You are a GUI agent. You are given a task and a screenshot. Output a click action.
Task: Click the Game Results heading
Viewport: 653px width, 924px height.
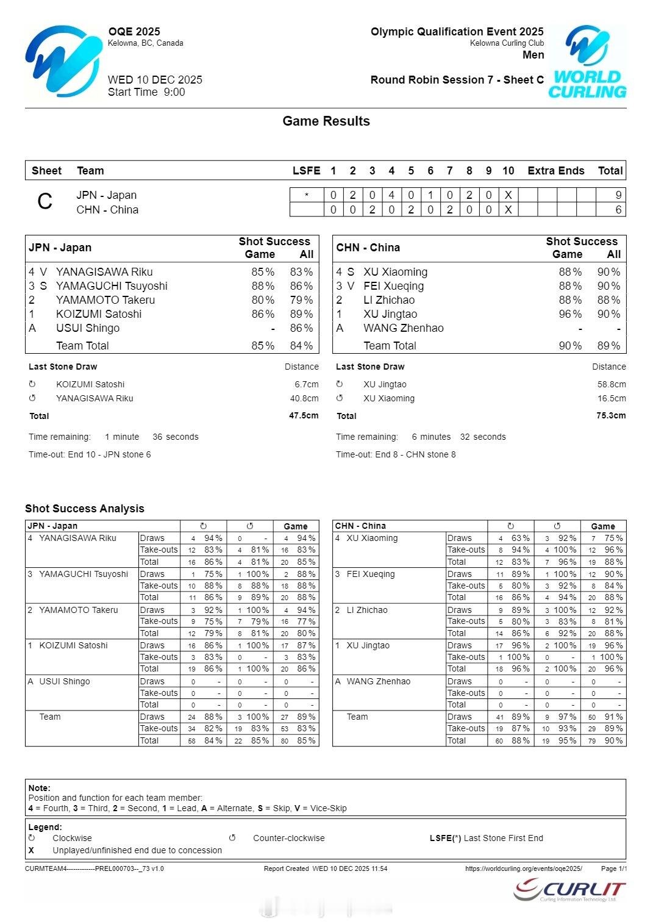326,121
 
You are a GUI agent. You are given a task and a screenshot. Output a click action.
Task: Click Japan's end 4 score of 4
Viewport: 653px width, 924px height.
391,195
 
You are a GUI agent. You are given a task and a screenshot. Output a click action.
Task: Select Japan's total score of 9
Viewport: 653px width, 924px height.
618,195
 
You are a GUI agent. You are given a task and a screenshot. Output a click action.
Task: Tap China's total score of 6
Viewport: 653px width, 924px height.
618,210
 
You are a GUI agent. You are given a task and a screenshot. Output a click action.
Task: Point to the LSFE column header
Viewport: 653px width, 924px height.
306,171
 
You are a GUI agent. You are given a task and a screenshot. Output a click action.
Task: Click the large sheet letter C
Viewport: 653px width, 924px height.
45,202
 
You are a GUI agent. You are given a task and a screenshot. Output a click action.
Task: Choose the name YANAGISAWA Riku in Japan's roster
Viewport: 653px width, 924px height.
104,272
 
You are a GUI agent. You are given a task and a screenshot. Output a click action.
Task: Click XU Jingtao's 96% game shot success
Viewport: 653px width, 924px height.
569,314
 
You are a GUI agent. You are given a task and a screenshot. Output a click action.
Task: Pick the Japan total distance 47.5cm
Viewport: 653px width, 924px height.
304,416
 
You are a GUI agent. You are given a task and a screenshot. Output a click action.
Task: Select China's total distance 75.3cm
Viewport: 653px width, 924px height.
611,416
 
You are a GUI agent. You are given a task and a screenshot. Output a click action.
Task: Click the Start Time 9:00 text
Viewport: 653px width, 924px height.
146,92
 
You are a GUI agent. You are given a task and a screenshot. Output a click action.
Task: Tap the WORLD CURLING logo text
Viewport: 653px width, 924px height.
587,85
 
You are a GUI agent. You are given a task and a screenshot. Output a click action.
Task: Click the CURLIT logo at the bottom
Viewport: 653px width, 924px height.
570,890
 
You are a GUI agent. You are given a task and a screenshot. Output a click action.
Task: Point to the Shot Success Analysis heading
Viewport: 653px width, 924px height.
85,509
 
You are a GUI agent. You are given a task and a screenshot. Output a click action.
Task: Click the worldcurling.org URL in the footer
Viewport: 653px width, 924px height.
523,868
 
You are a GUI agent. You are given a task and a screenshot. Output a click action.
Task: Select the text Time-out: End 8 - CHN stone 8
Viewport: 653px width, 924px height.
396,454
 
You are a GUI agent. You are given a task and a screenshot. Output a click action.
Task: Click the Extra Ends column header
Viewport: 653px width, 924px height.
556,171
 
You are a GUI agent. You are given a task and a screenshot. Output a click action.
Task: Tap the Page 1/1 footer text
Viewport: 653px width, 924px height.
613,868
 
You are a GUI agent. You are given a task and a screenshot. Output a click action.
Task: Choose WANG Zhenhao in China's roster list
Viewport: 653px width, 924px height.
404,328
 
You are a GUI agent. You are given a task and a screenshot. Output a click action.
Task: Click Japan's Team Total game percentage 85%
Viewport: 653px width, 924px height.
263,346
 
